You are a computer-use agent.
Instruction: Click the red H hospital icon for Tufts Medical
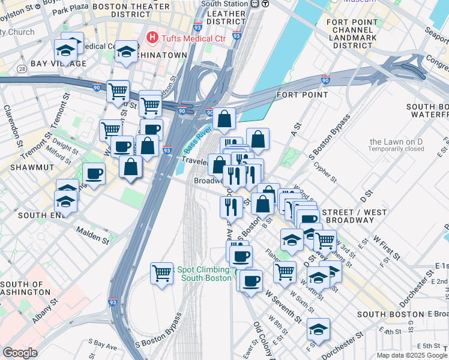[153, 38]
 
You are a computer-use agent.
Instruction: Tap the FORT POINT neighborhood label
[302, 95]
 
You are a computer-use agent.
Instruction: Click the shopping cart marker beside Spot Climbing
[161, 274]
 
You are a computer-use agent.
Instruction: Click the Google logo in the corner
[20, 352]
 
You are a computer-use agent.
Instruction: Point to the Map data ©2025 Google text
[412, 355]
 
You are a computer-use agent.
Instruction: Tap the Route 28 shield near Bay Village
[22, 70]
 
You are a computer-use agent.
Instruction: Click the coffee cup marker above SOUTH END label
[94, 174]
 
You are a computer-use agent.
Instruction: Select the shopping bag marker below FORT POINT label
[224, 119]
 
